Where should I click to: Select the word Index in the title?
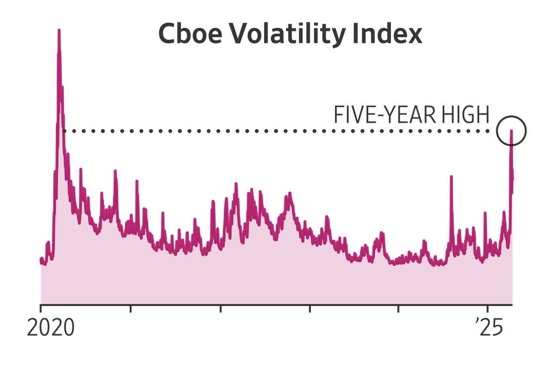(x=387, y=34)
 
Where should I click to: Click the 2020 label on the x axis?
(x=51, y=328)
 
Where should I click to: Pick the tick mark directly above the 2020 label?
(x=40, y=309)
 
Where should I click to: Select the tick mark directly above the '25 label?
(x=487, y=309)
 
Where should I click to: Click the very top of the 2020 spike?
(x=59, y=30)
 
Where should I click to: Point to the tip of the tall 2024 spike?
(x=451, y=176)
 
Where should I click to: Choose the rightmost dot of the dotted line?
(x=489, y=131)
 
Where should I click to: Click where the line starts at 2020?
(x=41, y=259)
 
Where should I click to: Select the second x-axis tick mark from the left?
(x=130, y=309)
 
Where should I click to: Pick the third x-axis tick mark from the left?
(x=220, y=309)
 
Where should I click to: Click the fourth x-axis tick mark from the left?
(x=309, y=309)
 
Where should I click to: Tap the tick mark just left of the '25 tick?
(x=398, y=309)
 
